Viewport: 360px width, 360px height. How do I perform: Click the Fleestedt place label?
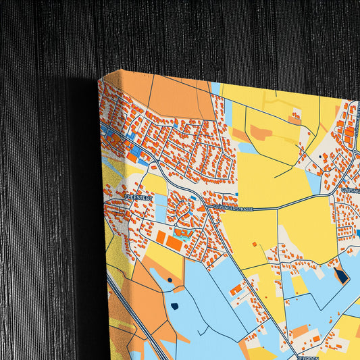[x=139, y=198]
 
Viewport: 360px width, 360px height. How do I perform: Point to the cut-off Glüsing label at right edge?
[x=350, y=191]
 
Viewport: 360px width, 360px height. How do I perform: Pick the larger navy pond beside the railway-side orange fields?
[x=174, y=306]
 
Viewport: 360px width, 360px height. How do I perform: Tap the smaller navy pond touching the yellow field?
[x=169, y=279]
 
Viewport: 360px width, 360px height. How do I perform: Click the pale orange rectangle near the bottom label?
[x=300, y=332]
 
